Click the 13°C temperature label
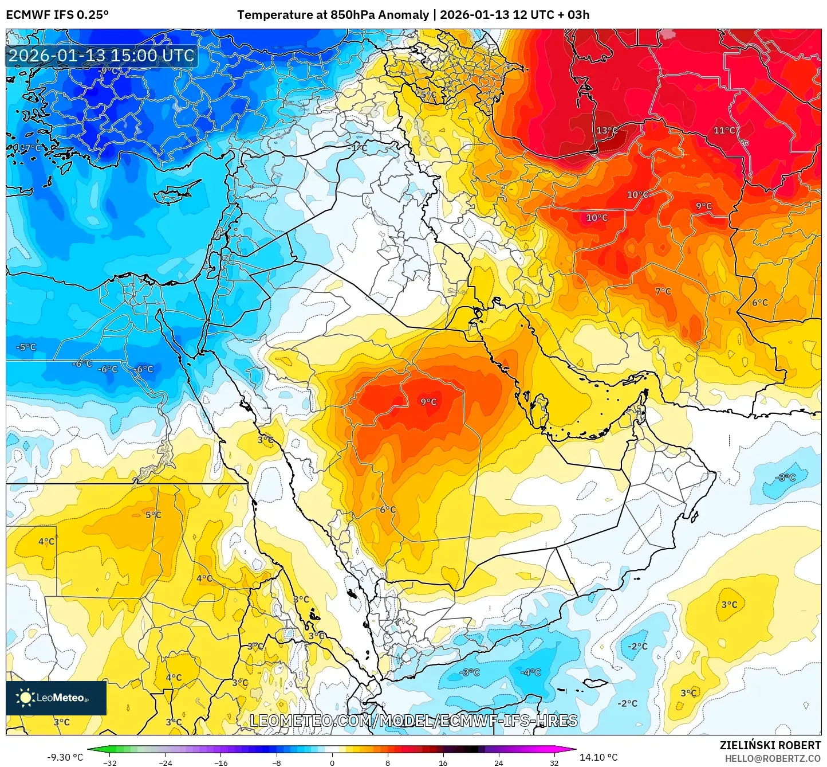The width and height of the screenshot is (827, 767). point(607,131)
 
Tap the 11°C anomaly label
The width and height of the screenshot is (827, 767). point(724,131)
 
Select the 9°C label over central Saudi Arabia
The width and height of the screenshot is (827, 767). point(428,402)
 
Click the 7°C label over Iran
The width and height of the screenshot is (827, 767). point(663,291)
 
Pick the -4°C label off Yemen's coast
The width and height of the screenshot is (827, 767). point(530,672)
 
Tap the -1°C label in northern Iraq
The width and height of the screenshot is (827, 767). point(358,147)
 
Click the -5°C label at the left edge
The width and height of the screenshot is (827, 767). point(26,347)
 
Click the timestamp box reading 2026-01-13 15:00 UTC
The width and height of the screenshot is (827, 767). point(101,56)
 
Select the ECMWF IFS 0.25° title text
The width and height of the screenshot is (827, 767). point(57,15)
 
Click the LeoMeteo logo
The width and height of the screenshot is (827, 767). point(56,698)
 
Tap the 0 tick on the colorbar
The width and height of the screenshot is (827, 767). point(332,762)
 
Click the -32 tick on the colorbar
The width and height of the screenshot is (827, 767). point(110,762)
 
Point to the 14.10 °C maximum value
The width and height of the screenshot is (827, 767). point(598,757)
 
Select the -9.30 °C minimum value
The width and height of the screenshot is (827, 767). point(65,757)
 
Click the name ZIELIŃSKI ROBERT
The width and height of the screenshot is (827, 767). point(770,745)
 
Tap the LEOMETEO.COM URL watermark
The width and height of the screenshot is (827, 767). point(413,721)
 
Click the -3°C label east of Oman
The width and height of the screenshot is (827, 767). point(785,478)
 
